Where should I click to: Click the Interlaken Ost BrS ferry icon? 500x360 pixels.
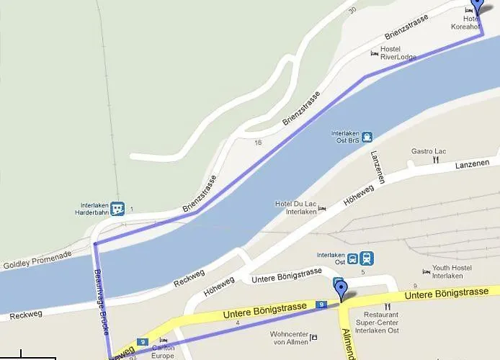367,137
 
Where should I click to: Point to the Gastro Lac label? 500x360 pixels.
429,151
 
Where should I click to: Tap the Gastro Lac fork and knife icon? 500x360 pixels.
435,161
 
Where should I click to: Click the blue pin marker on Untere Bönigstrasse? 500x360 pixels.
341,291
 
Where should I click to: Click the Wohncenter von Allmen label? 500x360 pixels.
288,338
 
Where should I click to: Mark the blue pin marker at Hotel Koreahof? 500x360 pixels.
476,7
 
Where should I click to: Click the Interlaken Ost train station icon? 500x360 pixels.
367,258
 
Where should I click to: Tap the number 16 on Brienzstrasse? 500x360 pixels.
258,143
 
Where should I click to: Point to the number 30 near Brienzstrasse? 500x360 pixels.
352,10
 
